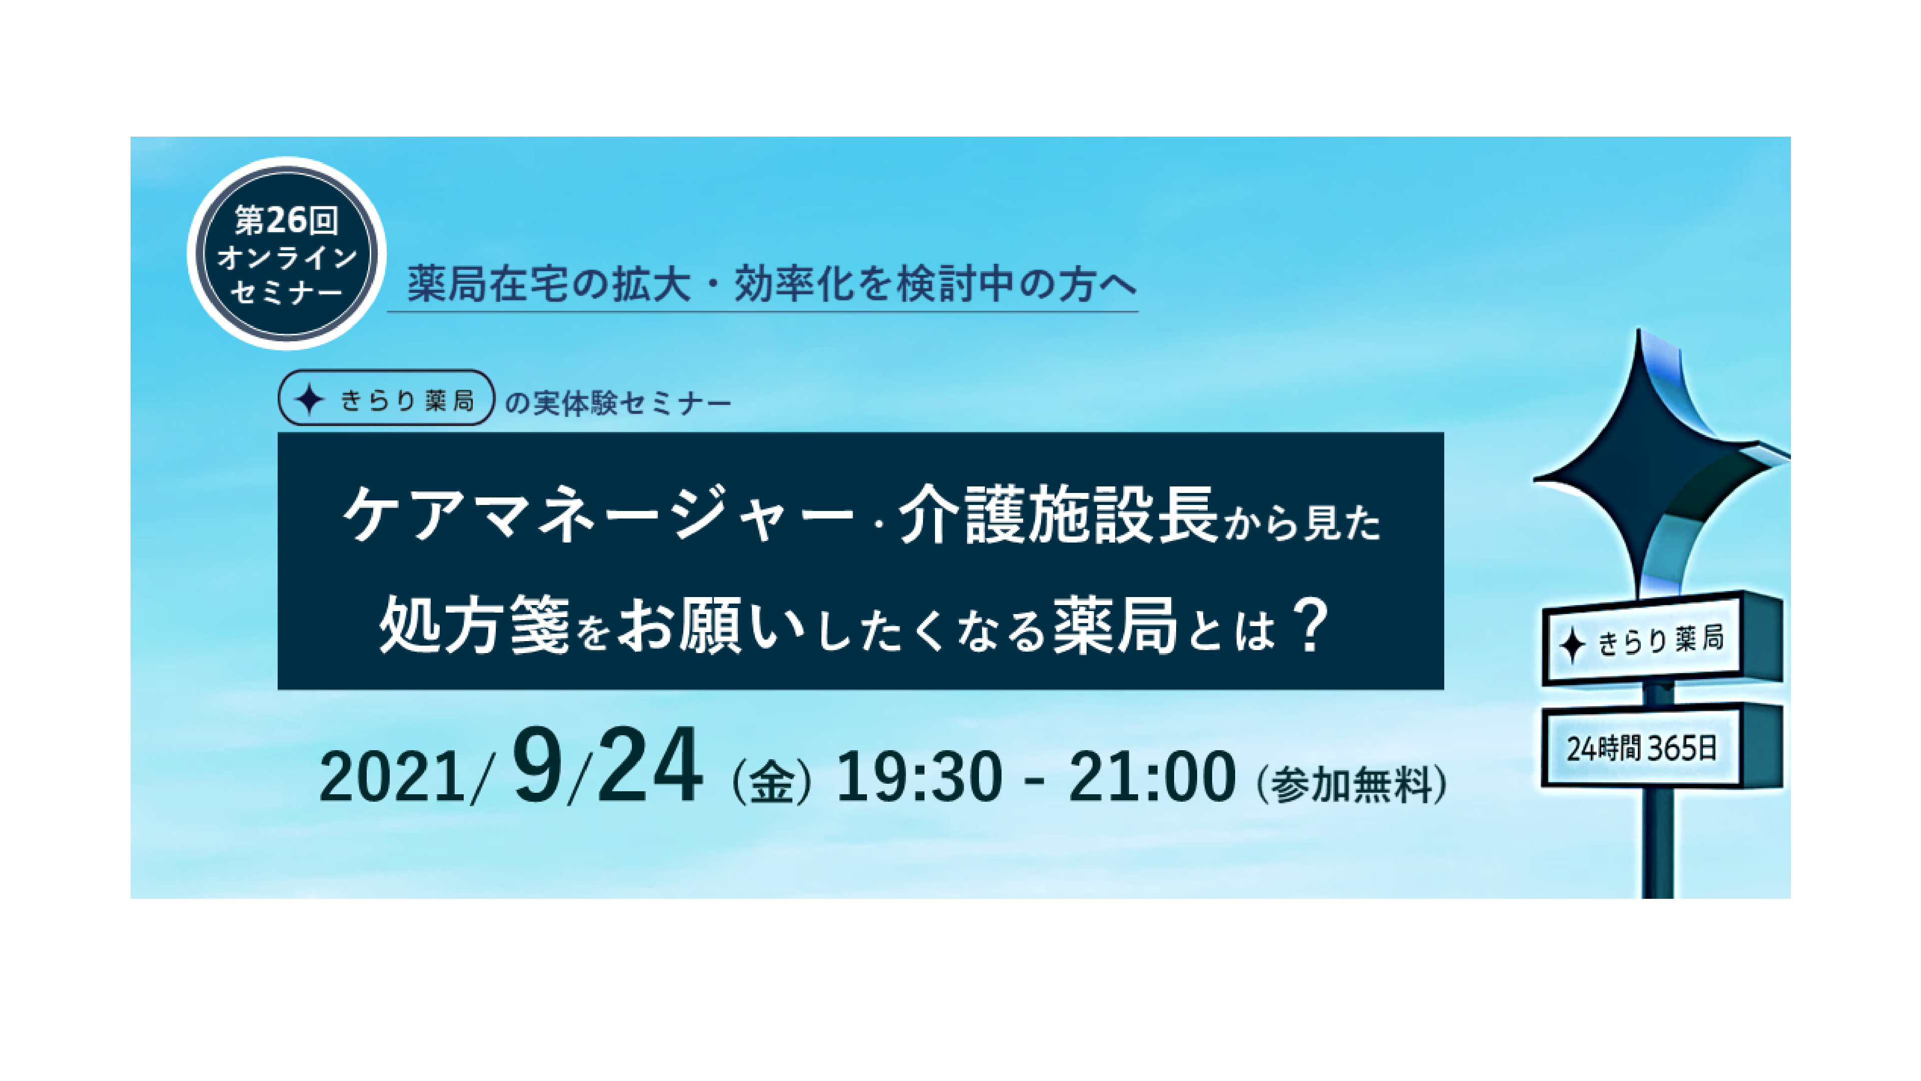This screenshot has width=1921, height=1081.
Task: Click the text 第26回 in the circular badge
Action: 286,220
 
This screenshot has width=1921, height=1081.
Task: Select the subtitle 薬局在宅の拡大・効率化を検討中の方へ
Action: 772,284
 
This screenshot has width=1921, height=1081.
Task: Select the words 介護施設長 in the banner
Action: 1058,515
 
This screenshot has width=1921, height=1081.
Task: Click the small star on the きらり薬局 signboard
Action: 1572,645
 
